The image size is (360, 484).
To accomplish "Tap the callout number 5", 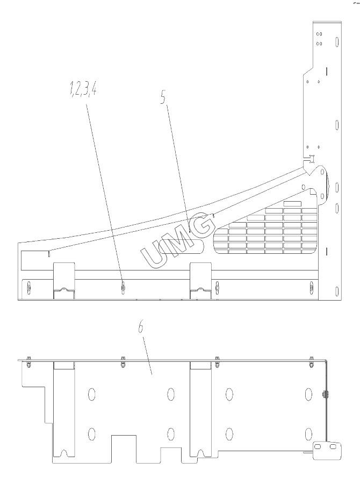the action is pyautogui.click(x=163, y=97).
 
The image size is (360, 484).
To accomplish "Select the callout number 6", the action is pyautogui.click(x=141, y=327).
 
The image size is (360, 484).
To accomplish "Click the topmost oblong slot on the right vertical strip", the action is pyautogui.click(x=337, y=42).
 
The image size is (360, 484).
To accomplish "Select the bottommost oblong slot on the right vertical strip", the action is pyautogui.click(x=337, y=291).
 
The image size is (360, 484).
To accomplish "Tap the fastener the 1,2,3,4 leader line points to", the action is pyautogui.click(x=123, y=288).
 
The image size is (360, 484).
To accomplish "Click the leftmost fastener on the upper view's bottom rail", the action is pyautogui.click(x=28, y=288).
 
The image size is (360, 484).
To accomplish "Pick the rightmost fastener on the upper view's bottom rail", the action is pyautogui.click(x=311, y=288).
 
